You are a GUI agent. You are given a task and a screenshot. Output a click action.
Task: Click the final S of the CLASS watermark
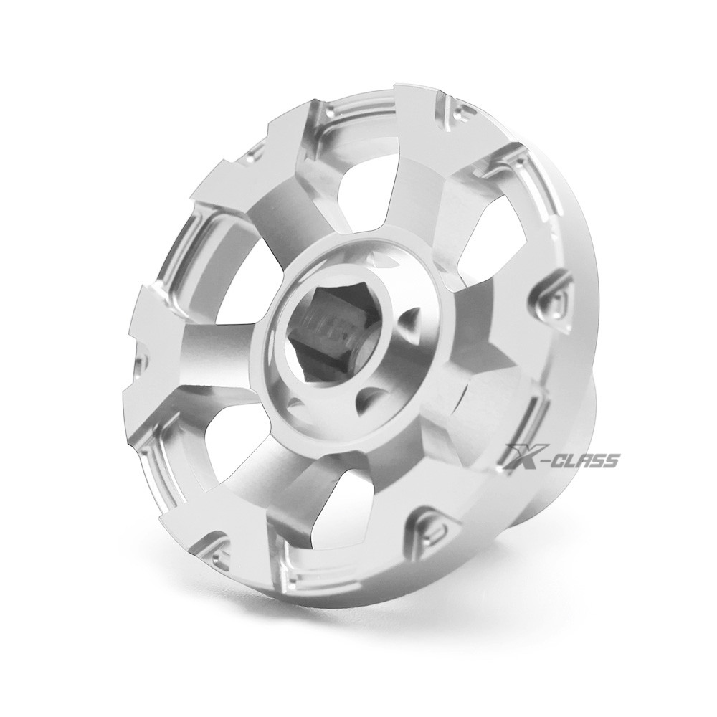click(612, 461)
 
